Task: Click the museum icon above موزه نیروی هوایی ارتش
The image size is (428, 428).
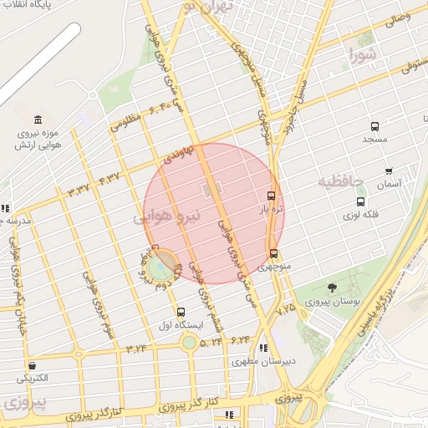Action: [38, 120]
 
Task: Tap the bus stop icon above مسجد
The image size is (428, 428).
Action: [374, 126]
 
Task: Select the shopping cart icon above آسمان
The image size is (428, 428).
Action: [389, 171]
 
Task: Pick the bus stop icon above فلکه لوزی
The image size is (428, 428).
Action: [360, 201]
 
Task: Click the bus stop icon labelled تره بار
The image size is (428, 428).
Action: [269, 195]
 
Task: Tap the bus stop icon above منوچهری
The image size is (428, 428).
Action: [273, 254]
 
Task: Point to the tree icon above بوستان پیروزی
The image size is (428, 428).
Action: [333, 288]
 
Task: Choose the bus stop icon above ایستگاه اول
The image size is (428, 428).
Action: [181, 312]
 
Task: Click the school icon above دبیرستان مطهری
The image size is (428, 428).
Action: [264, 349]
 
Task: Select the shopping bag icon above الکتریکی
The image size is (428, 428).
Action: [32, 365]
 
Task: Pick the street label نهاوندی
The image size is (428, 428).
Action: [178, 153]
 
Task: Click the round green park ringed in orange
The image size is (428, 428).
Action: [162, 266]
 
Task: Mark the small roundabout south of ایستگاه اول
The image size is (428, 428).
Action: [190, 341]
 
